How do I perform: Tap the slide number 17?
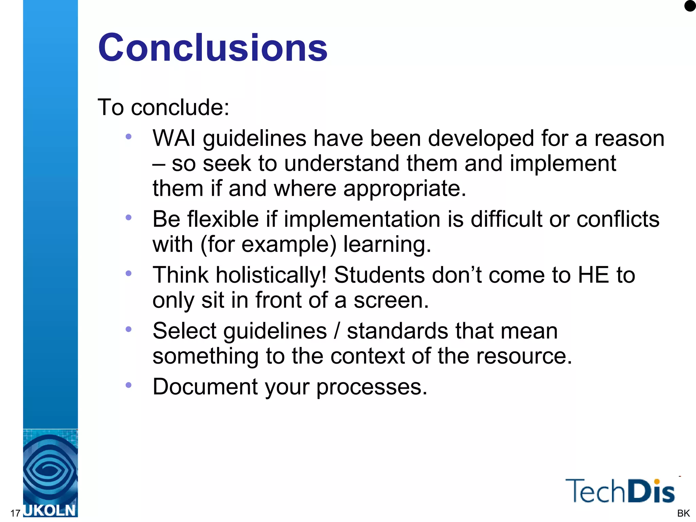pyautogui.click(x=15, y=513)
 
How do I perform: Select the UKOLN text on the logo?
pyautogui.click(x=50, y=510)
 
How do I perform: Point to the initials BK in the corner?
pyautogui.click(x=683, y=513)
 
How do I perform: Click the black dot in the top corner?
pyautogui.click(x=690, y=6)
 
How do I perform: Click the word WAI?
pyautogui.click(x=174, y=138)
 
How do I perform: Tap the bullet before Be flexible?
pyautogui.click(x=128, y=217)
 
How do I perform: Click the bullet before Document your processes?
pyautogui.click(x=128, y=385)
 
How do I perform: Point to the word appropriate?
pyautogui.click(x=404, y=189)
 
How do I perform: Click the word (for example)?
pyautogui.click(x=268, y=244)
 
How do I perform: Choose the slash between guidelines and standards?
pyautogui.click(x=337, y=331)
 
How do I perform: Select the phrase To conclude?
pyautogui.click(x=163, y=107)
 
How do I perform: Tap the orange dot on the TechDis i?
pyautogui.click(x=657, y=482)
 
